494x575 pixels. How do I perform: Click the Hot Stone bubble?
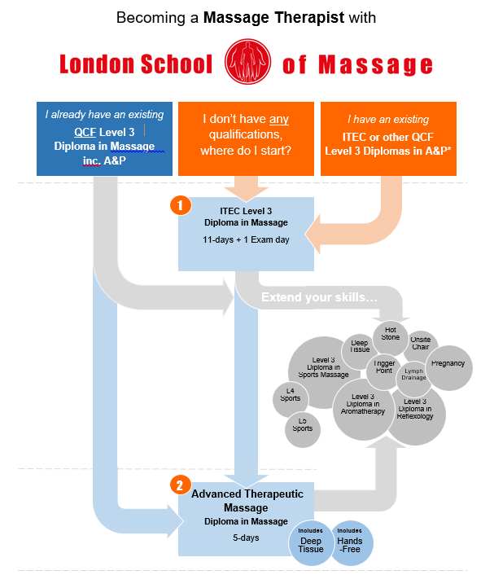pos(391,334)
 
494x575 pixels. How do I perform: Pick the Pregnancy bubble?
pos(448,364)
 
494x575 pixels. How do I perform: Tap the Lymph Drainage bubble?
pos(413,374)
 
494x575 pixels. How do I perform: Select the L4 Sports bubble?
pos(291,398)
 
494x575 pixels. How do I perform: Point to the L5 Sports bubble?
pos(302,426)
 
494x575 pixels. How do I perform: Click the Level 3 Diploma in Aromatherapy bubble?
pos(363,404)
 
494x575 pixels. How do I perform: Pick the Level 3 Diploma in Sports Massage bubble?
pos(324,370)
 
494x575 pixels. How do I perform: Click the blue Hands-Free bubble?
pos(350,543)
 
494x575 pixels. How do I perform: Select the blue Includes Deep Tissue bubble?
pos(311,543)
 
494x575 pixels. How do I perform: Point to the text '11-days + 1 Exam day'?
pos(247,240)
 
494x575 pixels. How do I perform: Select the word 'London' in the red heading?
pos(97,64)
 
